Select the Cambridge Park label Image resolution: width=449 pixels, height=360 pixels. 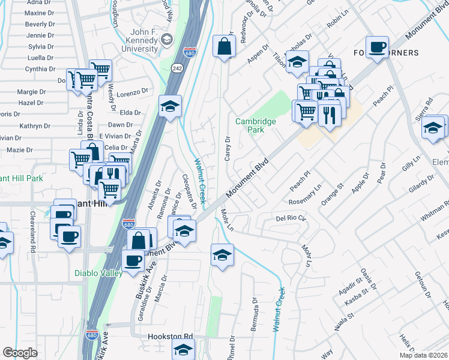click(256, 125)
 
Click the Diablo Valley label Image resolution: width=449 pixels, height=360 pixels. click(98, 273)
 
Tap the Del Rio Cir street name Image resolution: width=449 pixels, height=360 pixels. click(291, 218)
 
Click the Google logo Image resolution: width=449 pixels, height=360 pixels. click(20, 353)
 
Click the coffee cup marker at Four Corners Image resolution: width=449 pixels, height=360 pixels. click(377, 47)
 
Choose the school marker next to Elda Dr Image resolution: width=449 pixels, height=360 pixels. click(170, 107)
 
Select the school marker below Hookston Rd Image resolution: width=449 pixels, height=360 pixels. click(184, 349)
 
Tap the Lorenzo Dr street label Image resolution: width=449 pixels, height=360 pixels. click(132, 93)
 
